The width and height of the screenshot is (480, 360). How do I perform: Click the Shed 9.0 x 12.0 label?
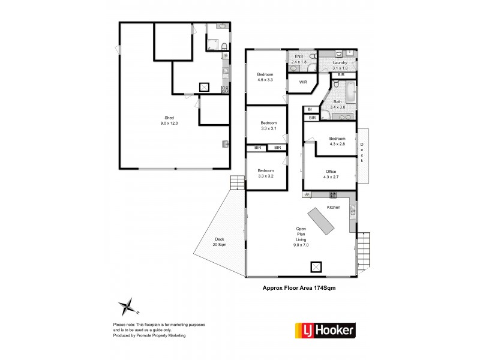pos(169,120)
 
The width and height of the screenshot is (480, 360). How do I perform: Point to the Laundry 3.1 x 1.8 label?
pos(340,65)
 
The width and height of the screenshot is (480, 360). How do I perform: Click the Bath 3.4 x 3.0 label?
pos(338,104)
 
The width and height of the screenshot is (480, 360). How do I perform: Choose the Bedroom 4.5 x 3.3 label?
pos(265,77)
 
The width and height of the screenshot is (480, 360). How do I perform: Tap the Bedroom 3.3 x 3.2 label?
pos(265,172)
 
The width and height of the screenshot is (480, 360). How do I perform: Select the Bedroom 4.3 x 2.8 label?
pos(337,141)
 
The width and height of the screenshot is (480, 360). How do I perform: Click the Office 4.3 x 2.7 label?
pos(331,173)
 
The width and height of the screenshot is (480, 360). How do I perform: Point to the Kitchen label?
pos(334,207)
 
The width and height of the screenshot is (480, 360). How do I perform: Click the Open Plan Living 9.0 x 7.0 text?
pos(301,237)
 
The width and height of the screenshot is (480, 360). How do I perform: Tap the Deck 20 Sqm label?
pos(218,241)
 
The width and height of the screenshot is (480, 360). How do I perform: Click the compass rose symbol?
pos(128,307)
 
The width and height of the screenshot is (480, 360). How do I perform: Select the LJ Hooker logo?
pos(325,329)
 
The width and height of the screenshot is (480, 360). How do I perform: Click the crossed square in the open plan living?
pos(316,266)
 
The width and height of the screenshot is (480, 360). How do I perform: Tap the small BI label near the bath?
pos(310,109)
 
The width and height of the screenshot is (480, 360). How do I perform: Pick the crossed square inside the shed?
pos(205,88)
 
